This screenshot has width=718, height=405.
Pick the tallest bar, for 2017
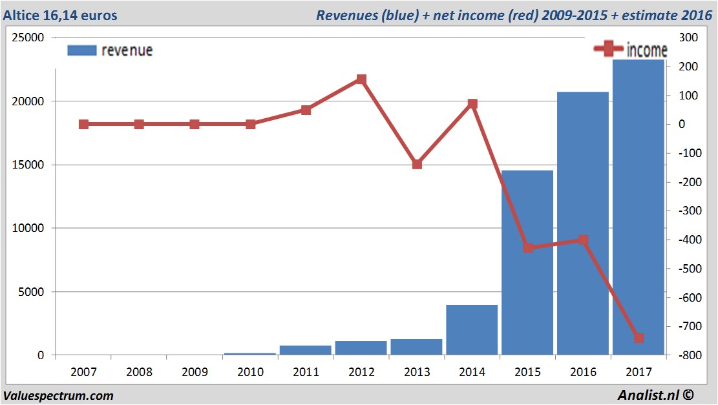pos(639,207)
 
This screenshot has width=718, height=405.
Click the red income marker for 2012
pos(361,79)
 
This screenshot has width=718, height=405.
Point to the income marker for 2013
pos(417,164)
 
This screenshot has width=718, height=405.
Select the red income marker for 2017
pos(639,338)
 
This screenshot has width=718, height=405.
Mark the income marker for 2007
pos(83,124)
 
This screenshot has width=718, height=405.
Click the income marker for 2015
pos(528,247)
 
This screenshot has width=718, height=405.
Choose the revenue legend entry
pos(110,50)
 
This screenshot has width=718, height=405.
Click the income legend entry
pos(631,50)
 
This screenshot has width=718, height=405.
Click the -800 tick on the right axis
pos(686,355)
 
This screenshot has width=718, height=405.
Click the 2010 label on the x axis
pos(250,372)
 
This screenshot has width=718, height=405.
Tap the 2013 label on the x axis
pos(417,372)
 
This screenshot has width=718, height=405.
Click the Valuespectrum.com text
pos(58,395)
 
